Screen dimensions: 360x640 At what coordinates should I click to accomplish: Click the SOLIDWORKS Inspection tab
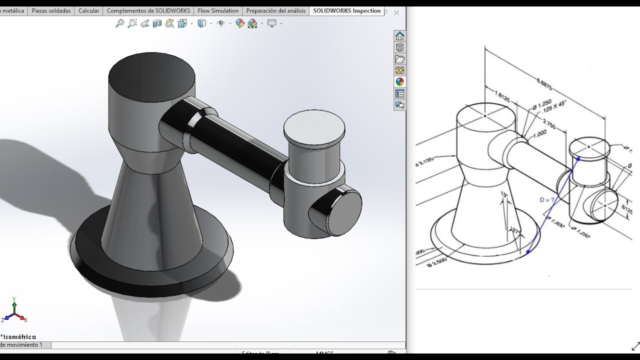[346, 10]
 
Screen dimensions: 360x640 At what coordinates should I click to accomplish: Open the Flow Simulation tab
[218, 10]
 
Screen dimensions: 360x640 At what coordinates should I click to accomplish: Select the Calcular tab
[89, 10]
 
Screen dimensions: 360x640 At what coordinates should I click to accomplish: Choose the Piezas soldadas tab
[51, 10]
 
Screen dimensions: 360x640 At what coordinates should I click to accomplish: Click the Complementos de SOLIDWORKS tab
[149, 10]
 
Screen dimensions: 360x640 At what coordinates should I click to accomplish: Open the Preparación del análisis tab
[276, 10]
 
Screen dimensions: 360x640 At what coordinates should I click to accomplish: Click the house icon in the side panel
[399, 36]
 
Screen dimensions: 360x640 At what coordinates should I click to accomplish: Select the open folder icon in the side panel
[399, 59]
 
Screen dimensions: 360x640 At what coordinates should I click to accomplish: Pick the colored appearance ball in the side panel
[399, 82]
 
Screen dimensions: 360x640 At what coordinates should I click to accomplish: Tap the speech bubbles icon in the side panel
[399, 105]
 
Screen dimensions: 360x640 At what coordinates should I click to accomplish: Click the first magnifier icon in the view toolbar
[119, 23]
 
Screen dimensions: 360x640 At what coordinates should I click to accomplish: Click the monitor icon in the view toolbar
[272, 23]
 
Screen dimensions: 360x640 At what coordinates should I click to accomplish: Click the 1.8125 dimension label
[502, 96]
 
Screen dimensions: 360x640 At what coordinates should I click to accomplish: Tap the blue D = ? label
[547, 200]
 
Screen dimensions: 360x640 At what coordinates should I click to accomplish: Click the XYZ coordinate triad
[14, 311]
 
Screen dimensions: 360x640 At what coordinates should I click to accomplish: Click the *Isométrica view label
[18, 337]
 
